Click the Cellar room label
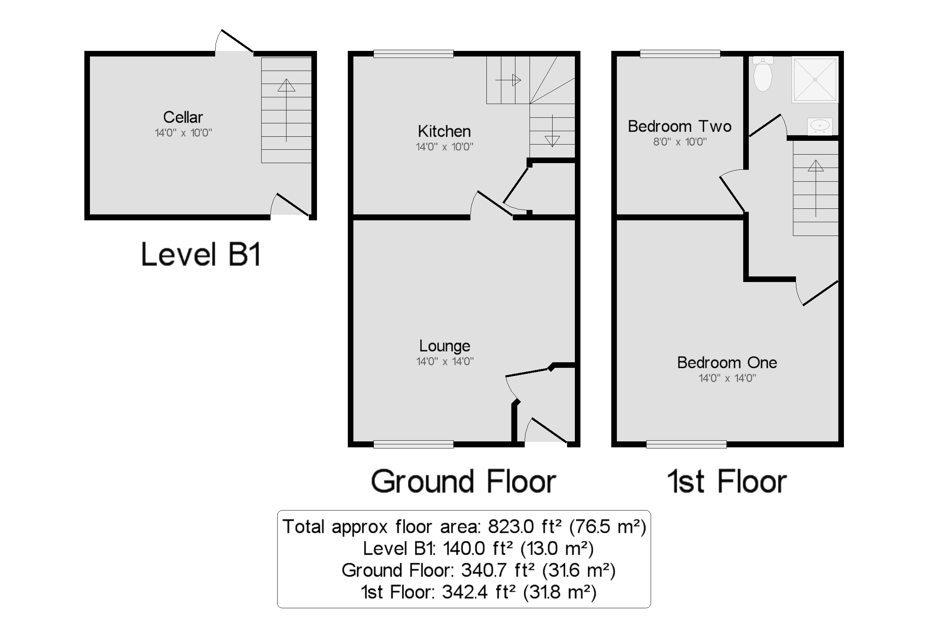click(183, 117)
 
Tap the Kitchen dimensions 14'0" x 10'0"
click(444, 147)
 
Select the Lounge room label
click(444, 346)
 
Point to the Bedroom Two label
click(680, 126)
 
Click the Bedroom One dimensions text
click(727, 378)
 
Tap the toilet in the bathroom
click(763, 75)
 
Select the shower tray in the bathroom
click(815, 80)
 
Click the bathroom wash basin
click(820, 126)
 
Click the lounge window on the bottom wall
click(413, 444)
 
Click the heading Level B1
click(201, 255)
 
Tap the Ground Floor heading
click(463, 482)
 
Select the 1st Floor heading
click(727, 482)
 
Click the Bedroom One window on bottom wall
click(686, 444)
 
